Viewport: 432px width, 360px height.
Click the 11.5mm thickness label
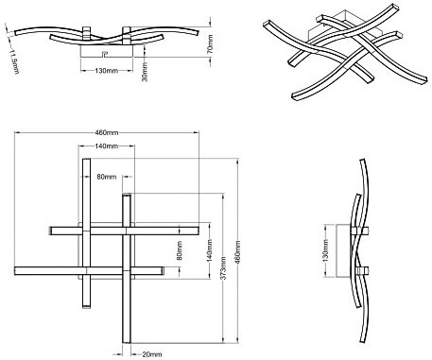13,61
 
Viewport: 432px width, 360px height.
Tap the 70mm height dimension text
211,43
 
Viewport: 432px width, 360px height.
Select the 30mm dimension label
145,72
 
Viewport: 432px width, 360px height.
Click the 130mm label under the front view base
107,71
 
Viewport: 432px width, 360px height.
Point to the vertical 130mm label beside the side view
326,250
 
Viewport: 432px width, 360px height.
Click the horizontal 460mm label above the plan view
107,132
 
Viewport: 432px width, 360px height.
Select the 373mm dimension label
223,268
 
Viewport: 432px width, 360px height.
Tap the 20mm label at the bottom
151,354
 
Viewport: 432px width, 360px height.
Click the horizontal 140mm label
107,146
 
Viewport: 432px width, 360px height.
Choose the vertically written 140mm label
210,250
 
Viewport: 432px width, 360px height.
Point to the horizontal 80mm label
107,177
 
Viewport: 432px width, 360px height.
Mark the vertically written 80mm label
180,250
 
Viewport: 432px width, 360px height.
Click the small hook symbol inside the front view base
105,53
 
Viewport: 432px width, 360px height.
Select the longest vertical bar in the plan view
126,268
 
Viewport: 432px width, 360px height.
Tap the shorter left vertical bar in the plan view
86,233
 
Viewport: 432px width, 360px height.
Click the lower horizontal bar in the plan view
90,271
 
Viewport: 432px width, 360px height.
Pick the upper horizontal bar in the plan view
124,231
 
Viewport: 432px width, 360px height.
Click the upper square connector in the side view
360,231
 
